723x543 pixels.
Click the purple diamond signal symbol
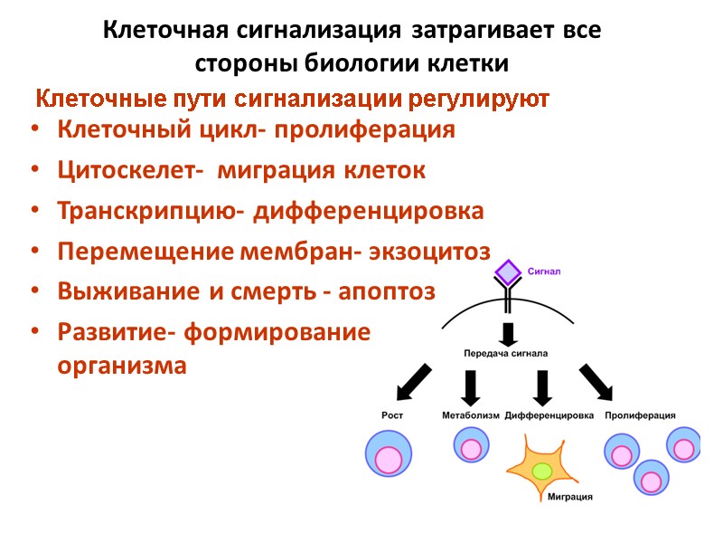[x=509, y=272]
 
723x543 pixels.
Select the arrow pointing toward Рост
[x=412, y=380]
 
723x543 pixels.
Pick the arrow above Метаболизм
[x=470, y=386]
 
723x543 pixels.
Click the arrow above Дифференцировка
[x=542, y=386]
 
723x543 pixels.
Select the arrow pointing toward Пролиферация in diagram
[x=596, y=380]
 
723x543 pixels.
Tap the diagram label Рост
[x=390, y=415]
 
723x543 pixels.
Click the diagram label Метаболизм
[x=470, y=415]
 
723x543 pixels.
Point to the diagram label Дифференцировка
[x=549, y=415]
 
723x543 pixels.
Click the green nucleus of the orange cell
[x=542, y=471]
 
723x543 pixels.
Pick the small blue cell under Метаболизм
[x=469, y=445]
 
